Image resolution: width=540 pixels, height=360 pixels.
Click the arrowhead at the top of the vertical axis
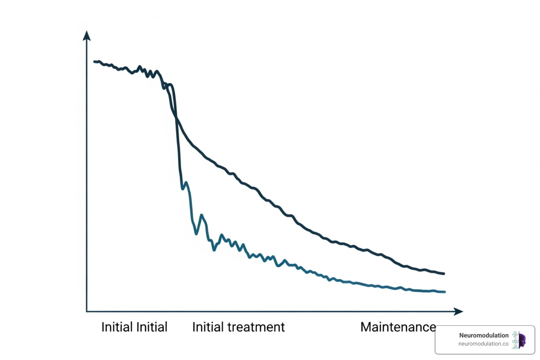[x=86, y=36]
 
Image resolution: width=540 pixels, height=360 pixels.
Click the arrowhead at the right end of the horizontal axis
[x=458, y=311]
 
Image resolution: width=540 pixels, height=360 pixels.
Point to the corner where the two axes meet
[x=87, y=311]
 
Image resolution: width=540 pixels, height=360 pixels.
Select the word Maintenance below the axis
[x=398, y=327]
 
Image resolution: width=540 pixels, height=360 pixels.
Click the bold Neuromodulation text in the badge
[x=484, y=335]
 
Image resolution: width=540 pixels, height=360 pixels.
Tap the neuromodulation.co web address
[x=483, y=344]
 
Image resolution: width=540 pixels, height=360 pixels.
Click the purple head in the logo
[x=522, y=340]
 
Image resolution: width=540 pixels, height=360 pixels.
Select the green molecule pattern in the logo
[x=515, y=340]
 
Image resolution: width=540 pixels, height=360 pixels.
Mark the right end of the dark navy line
[x=444, y=274]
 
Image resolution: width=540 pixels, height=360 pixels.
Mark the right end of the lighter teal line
[x=444, y=292]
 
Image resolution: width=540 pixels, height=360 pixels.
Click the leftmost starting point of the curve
[x=95, y=62]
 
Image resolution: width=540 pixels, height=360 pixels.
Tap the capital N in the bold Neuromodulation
[x=462, y=335]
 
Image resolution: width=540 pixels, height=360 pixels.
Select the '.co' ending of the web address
[x=504, y=344]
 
